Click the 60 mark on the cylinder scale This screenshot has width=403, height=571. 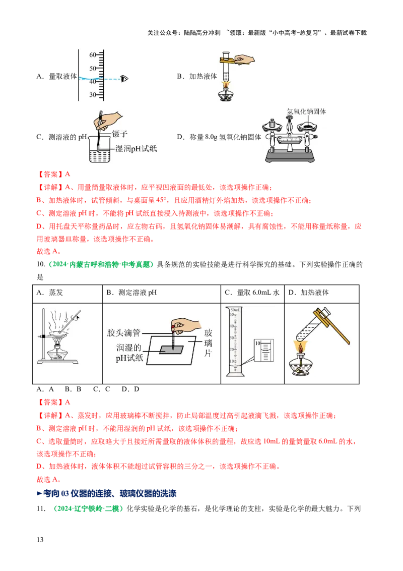click(x=93, y=54)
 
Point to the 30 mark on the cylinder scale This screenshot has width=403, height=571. click(x=93, y=95)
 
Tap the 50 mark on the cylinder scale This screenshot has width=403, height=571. click(x=93, y=68)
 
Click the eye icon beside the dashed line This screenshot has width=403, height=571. click(x=124, y=79)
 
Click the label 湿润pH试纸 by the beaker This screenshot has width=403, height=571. click(x=136, y=148)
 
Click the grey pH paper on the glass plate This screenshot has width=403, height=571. click(x=172, y=350)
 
